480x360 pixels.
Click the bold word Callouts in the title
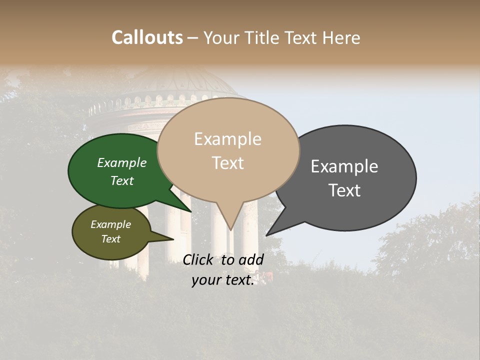point(147,37)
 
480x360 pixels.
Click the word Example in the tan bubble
point(227,139)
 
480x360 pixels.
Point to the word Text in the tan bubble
point(227,163)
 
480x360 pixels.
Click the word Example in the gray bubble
point(344,166)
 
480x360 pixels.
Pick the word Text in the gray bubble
point(344,190)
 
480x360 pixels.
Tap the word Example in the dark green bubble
point(122,163)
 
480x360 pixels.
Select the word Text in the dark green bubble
point(122,181)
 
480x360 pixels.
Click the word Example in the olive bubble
point(111,224)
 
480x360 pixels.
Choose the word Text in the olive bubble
point(111,239)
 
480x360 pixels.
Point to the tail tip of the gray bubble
point(267,235)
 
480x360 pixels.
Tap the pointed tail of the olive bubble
point(172,239)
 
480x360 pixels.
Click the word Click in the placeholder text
point(199,259)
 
